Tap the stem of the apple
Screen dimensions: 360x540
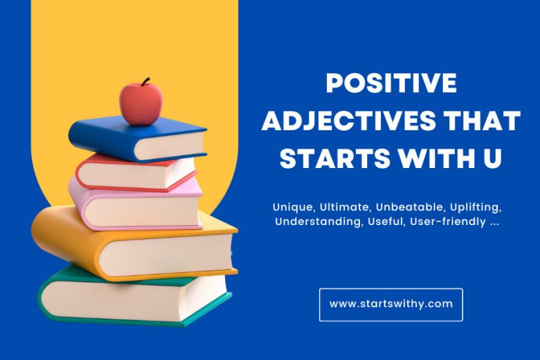coord(146,82)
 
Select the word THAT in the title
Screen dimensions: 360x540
coord(483,122)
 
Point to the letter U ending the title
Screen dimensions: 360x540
coord(492,158)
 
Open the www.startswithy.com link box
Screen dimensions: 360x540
coord(391,304)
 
